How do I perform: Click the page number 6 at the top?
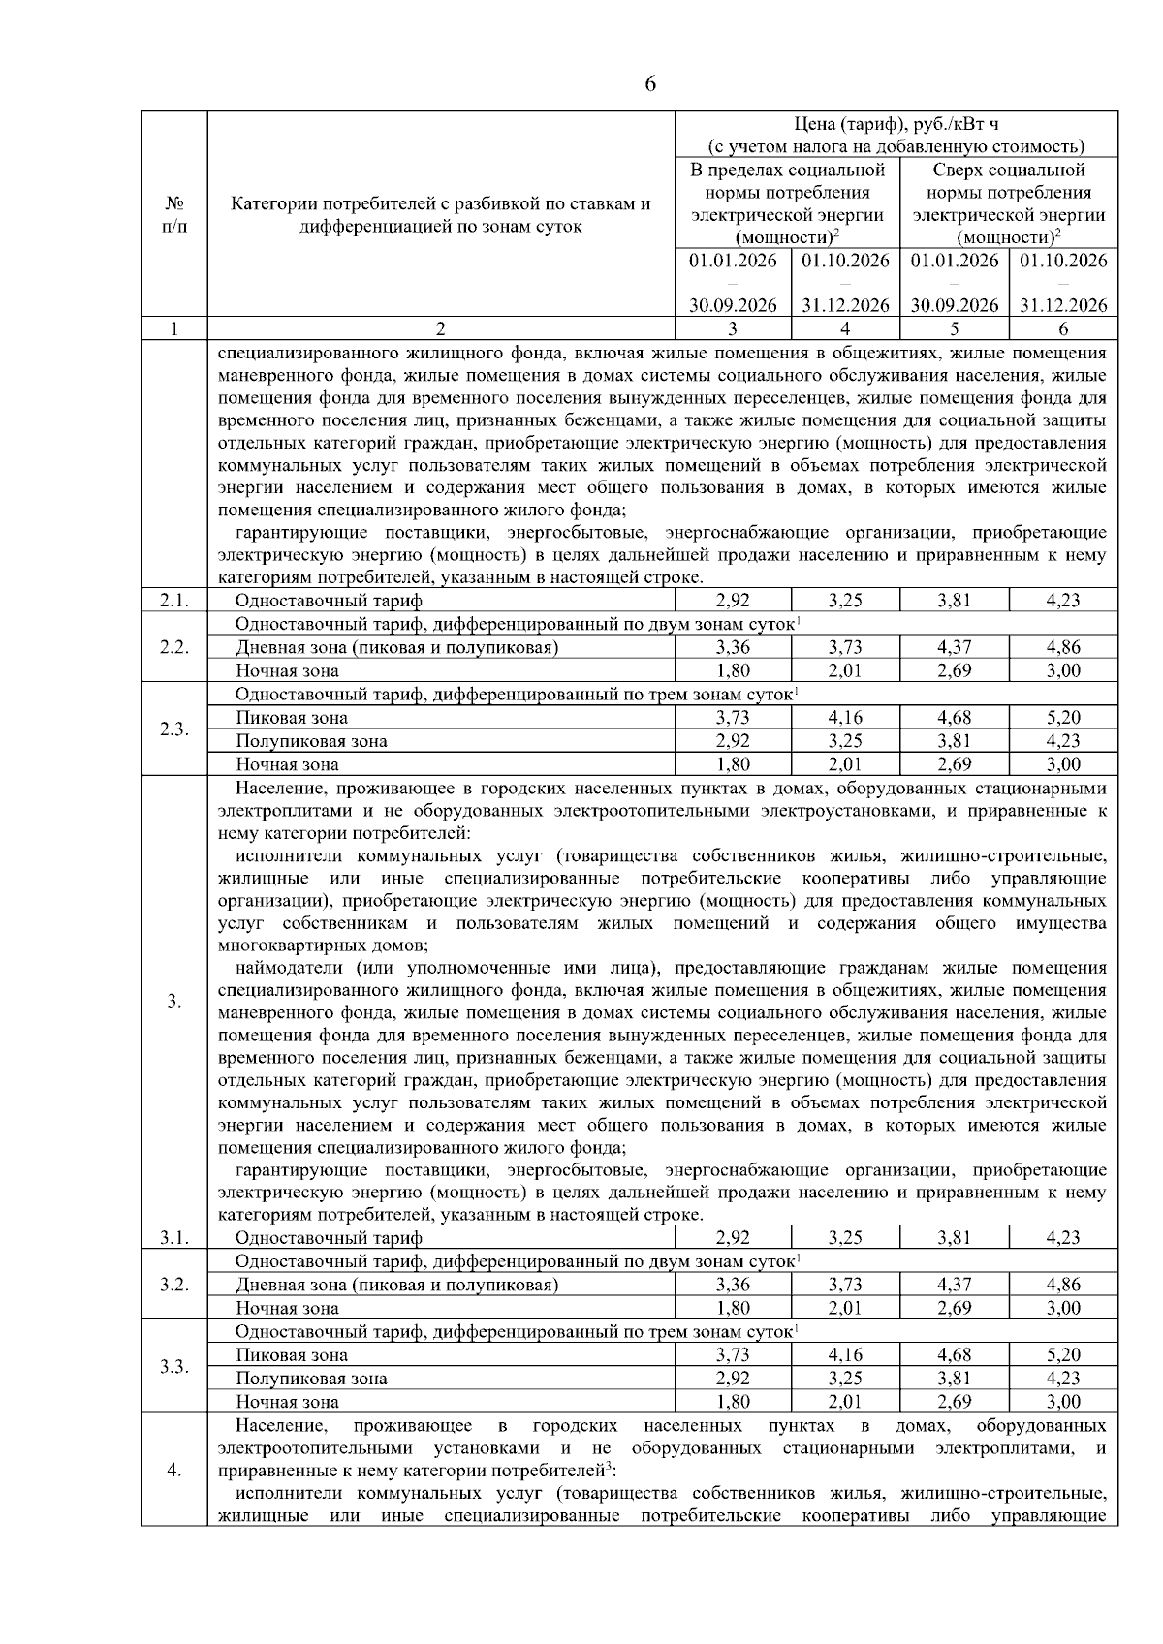[x=650, y=84]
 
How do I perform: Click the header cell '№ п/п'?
[x=174, y=215]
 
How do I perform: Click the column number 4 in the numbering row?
[x=845, y=328]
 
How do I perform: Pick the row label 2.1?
[x=174, y=601]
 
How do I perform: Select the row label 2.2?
[x=174, y=647]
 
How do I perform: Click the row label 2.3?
[x=174, y=729]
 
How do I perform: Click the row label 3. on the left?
[x=174, y=1001]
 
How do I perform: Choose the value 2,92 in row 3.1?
[x=733, y=1238]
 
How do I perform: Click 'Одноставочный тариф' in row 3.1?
[x=329, y=1238]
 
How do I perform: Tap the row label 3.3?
[x=174, y=1367]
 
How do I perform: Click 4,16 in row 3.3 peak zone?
[x=845, y=1355]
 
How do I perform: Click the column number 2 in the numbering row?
[x=441, y=328]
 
